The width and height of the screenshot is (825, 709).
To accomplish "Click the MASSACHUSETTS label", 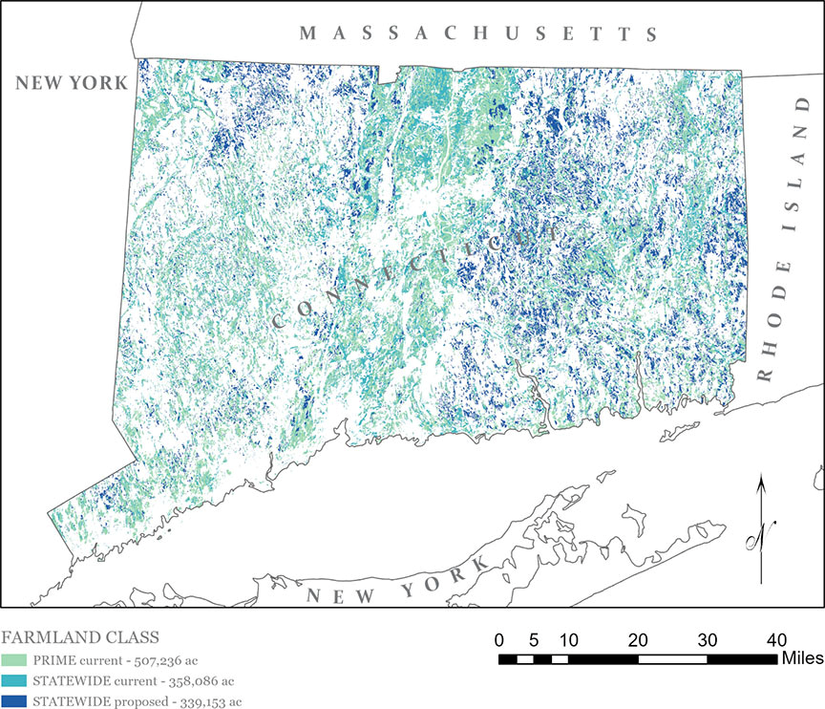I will (x=479, y=34).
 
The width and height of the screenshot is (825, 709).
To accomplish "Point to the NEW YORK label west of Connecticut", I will (x=71, y=83).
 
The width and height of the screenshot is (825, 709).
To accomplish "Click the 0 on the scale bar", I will (x=499, y=639).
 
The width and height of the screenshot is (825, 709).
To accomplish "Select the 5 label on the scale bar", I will (x=534, y=639).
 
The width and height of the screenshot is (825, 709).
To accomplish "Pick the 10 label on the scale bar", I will (x=569, y=639).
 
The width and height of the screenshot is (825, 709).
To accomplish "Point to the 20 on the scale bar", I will (x=638, y=639).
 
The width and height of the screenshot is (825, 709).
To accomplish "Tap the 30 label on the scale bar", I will (x=708, y=639).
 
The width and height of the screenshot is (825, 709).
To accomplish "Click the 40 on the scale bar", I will (x=776, y=639).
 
